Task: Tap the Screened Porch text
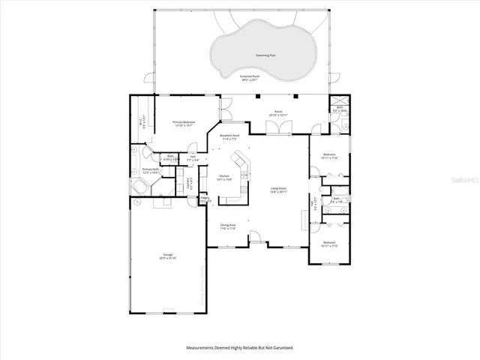click(x=250, y=77)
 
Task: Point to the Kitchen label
click(x=225, y=178)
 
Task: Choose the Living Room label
click(x=280, y=191)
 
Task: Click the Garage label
click(x=166, y=256)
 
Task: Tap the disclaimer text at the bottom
click(x=240, y=347)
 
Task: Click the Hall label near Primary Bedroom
click(x=193, y=158)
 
